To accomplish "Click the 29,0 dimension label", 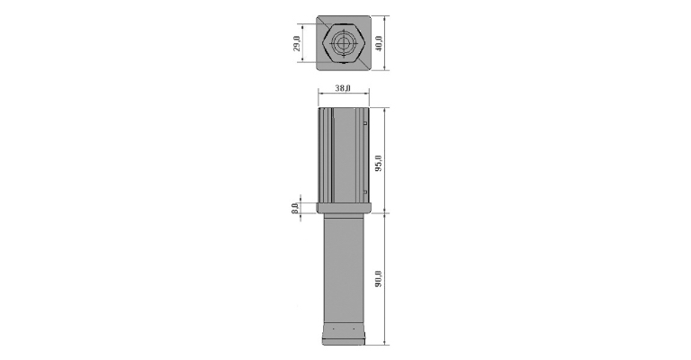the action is coord(297,43).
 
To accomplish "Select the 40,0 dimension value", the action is coord(379,43).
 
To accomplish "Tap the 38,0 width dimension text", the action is coord(343,88).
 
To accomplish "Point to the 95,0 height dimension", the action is coord(379,163).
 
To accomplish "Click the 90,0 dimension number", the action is coord(379,279).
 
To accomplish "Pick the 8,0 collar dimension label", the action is coord(295,208).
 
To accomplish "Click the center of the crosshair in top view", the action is coord(344,43).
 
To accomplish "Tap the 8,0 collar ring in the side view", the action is coord(344,208).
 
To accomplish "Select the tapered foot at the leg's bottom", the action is coord(344,334).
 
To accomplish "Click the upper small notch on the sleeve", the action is coord(365,123).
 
